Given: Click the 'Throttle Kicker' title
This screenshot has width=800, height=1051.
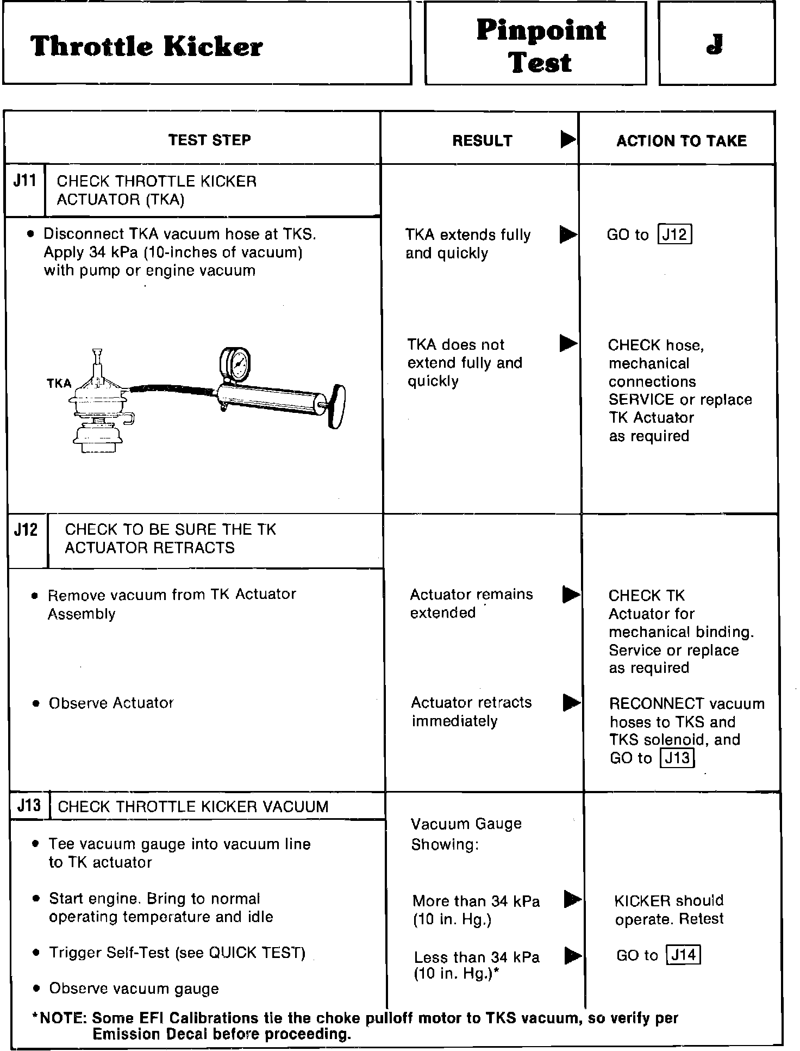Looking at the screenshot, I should pyautogui.click(x=147, y=46).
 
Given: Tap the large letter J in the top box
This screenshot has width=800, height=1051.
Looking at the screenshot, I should pyautogui.click(x=715, y=45).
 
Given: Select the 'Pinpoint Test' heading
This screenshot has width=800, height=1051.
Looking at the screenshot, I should pyautogui.click(x=540, y=46).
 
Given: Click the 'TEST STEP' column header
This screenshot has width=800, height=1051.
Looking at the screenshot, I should pyautogui.click(x=209, y=140).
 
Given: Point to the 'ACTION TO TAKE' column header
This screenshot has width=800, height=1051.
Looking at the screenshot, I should pyautogui.click(x=681, y=141).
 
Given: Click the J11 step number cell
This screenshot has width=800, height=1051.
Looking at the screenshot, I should pyautogui.click(x=24, y=181).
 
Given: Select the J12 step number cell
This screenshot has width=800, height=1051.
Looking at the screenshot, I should pyautogui.click(x=26, y=530).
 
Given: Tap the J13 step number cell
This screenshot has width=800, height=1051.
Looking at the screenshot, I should pyautogui.click(x=29, y=805).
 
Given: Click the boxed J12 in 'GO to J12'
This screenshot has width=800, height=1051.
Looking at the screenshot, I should pyautogui.click(x=674, y=234).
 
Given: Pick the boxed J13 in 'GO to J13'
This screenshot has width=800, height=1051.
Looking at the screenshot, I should pyautogui.click(x=677, y=758).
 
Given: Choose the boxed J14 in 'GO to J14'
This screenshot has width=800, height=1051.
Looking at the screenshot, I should pyautogui.click(x=684, y=955).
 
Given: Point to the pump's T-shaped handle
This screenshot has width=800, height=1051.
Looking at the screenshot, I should pyautogui.click(x=337, y=406).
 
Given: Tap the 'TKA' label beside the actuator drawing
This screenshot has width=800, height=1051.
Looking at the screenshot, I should pyautogui.click(x=59, y=384).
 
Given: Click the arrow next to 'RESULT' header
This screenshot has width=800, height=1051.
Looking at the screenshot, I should pyautogui.click(x=568, y=140).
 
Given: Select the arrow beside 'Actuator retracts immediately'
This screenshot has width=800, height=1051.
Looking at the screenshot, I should pyautogui.click(x=571, y=702).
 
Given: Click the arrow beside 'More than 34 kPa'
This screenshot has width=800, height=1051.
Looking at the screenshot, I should pyautogui.click(x=572, y=899).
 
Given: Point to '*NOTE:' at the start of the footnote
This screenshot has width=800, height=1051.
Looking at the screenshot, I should pyautogui.click(x=60, y=1018).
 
